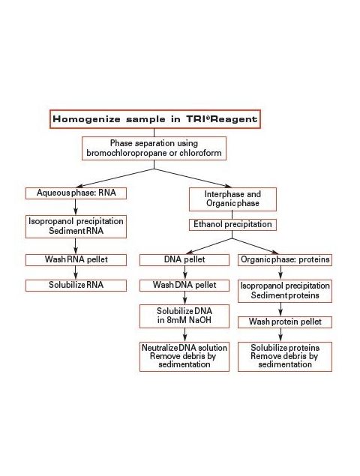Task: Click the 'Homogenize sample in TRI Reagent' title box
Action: (155, 119)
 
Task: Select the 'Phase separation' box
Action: (154, 148)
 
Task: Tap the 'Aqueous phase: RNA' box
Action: (76, 193)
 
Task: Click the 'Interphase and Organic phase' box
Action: (232, 199)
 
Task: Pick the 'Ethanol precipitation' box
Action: (232, 225)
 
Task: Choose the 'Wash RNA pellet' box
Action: (76, 260)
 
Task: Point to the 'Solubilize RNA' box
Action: (76, 286)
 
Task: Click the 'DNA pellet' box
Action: (184, 260)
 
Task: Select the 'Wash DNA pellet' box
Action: (184, 286)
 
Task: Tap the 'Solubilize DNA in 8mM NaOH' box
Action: (184, 316)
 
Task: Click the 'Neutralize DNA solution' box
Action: (184, 356)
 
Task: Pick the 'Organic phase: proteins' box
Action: (285, 260)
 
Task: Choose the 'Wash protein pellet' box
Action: (285, 322)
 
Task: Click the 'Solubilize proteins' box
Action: (285, 356)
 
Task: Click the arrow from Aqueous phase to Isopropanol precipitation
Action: (76, 207)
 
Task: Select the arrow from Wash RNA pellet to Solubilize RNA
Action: (76, 273)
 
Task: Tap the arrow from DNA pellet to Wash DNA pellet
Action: (185, 273)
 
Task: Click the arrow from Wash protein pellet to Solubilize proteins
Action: (280, 335)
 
